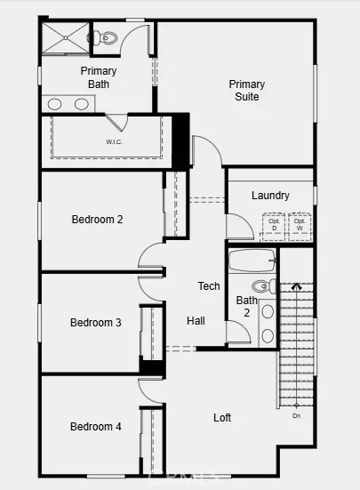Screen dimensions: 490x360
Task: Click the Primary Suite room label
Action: pyautogui.click(x=247, y=90)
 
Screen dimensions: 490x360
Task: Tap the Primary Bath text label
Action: pyautogui.click(x=99, y=76)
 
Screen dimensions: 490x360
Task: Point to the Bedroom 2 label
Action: pyautogui.click(x=97, y=220)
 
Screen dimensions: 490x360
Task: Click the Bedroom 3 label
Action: pyautogui.click(x=96, y=322)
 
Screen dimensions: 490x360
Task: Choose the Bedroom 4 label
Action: pyautogui.click(x=96, y=427)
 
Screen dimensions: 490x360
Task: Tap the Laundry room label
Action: pyautogui.click(x=269, y=196)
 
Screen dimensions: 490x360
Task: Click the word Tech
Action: pyautogui.click(x=209, y=285)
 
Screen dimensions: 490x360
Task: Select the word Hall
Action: pyautogui.click(x=196, y=320)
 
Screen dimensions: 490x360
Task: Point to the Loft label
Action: pyautogui.click(x=223, y=417)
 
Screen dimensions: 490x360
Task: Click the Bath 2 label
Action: pyautogui.click(x=246, y=307)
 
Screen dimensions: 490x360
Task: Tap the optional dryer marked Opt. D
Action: pyautogui.click(x=274, y=226)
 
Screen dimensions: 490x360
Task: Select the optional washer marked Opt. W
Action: pyautogui.click(x=300, y=226)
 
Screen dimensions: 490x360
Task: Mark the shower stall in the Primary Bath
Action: pyautogui.click(x=64, y=38)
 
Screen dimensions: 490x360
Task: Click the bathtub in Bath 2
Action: pyautogui.click(x=252, y=262)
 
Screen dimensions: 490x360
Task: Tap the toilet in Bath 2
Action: pyautogui.click(x=263, y=286)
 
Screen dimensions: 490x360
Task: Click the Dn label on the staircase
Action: pyautogui.click(x=296, y=415)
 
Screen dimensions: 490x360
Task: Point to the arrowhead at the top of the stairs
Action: pyautogui.click(x=297, y=286)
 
